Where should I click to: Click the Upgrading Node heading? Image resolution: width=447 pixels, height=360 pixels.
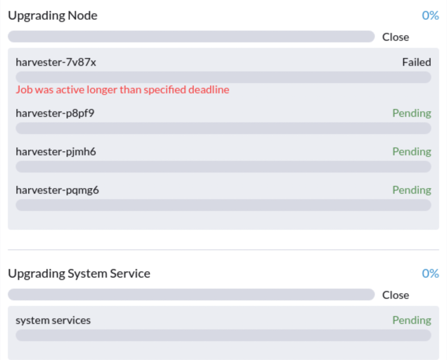pyautogui.click(x=53, y=16)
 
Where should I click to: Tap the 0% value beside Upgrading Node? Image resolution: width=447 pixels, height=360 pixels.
pyautogui.click(x=430, y=15)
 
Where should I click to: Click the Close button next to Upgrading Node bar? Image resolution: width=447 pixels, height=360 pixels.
pyautogui.click(x=395, y=37)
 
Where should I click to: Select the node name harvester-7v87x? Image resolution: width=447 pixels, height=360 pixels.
pyautogui.click(x=56, y=62)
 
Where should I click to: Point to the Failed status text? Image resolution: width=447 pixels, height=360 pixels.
pyautogui.click(x=416, y=62)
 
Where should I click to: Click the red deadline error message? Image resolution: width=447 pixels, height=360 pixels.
pyautogui.click(x=123, y=90)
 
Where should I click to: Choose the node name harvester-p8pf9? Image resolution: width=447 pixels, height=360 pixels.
pyautogui.click(x=55, y=113)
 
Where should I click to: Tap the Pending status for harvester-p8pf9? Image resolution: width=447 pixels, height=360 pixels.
pyautogui.click(x=412, y=113)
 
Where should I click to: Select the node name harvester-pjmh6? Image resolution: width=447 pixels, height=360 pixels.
pyautogui.click(x=56, y=152)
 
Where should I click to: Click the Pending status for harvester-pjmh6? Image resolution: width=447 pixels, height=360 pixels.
pyautogui.click(x=412, y=152)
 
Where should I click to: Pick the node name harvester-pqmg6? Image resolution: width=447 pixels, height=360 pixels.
pyautogui.click(x=57, y=190)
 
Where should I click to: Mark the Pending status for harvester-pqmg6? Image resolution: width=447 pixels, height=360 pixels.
pyautogui.click(x=412, y=190)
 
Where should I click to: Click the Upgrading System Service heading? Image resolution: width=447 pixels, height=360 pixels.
pyautogui.click(x=79, y=274)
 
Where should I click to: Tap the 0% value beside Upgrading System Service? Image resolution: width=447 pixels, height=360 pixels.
pyautogui.click(x=430, y=273)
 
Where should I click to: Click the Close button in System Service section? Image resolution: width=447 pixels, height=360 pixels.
pyautogui.click(x=395, y=295)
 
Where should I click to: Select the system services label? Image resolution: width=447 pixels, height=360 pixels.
pyautogui.click(x=53, y=320)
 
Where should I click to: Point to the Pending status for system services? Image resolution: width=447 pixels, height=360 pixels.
pyautogui.click(x=412, y=320)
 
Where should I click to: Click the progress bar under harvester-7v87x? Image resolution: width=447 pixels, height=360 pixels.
pyautogui.click(x=223, y=77)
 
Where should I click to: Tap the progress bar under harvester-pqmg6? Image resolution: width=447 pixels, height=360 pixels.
pyautogui.click(x=223, y=205)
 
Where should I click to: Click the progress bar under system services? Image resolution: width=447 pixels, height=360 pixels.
pyautogui.click(x=223, y=335)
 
